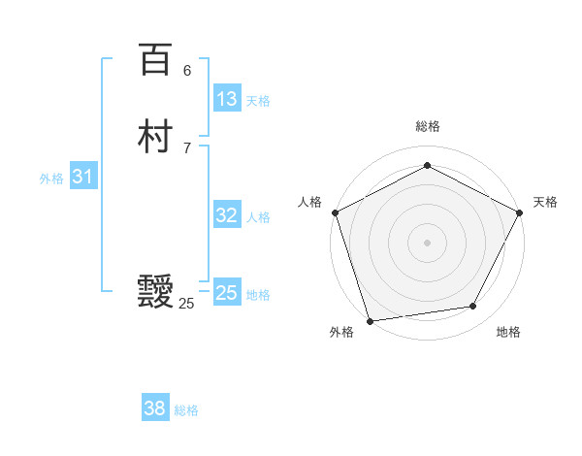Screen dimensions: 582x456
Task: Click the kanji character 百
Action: coord(155,60)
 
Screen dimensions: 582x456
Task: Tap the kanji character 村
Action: coord(155,138)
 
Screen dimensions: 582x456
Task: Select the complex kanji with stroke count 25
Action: coord(155,292)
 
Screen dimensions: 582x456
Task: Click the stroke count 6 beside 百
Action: coord(187,70)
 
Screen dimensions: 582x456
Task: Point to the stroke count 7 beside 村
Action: coord(187,147)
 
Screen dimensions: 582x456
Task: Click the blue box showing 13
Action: coord(227,99)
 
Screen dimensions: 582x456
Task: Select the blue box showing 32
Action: coord(227,215)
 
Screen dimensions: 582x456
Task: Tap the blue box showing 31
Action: coord(82,177)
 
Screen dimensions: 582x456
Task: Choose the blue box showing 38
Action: coord(155,408)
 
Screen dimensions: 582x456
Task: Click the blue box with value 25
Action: coord(227,293)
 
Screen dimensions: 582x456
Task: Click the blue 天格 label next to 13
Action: coord(258,101)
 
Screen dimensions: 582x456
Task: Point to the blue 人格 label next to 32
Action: coord(258,217)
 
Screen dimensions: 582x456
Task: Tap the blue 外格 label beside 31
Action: coord(51,179)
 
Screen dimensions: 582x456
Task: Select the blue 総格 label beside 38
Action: coord(186,410)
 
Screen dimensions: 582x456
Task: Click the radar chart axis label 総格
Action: coord(427,127)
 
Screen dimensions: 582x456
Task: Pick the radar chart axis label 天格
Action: coord(545,202)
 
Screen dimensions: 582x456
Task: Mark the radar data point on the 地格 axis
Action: coord(473,307)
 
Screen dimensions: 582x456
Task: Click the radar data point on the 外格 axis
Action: coord(370,320)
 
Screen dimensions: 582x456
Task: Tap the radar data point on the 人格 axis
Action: coord(335,212)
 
